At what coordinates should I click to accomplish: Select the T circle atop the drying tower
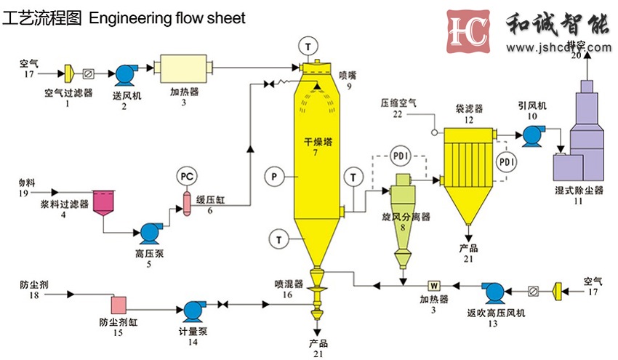[310, 46]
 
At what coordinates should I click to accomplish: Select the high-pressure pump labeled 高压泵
[151, 232]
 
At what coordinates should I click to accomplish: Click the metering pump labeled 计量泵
[194, 310]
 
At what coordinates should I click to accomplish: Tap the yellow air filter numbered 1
[68, 73]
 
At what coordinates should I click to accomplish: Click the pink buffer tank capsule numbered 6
[186, 204]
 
